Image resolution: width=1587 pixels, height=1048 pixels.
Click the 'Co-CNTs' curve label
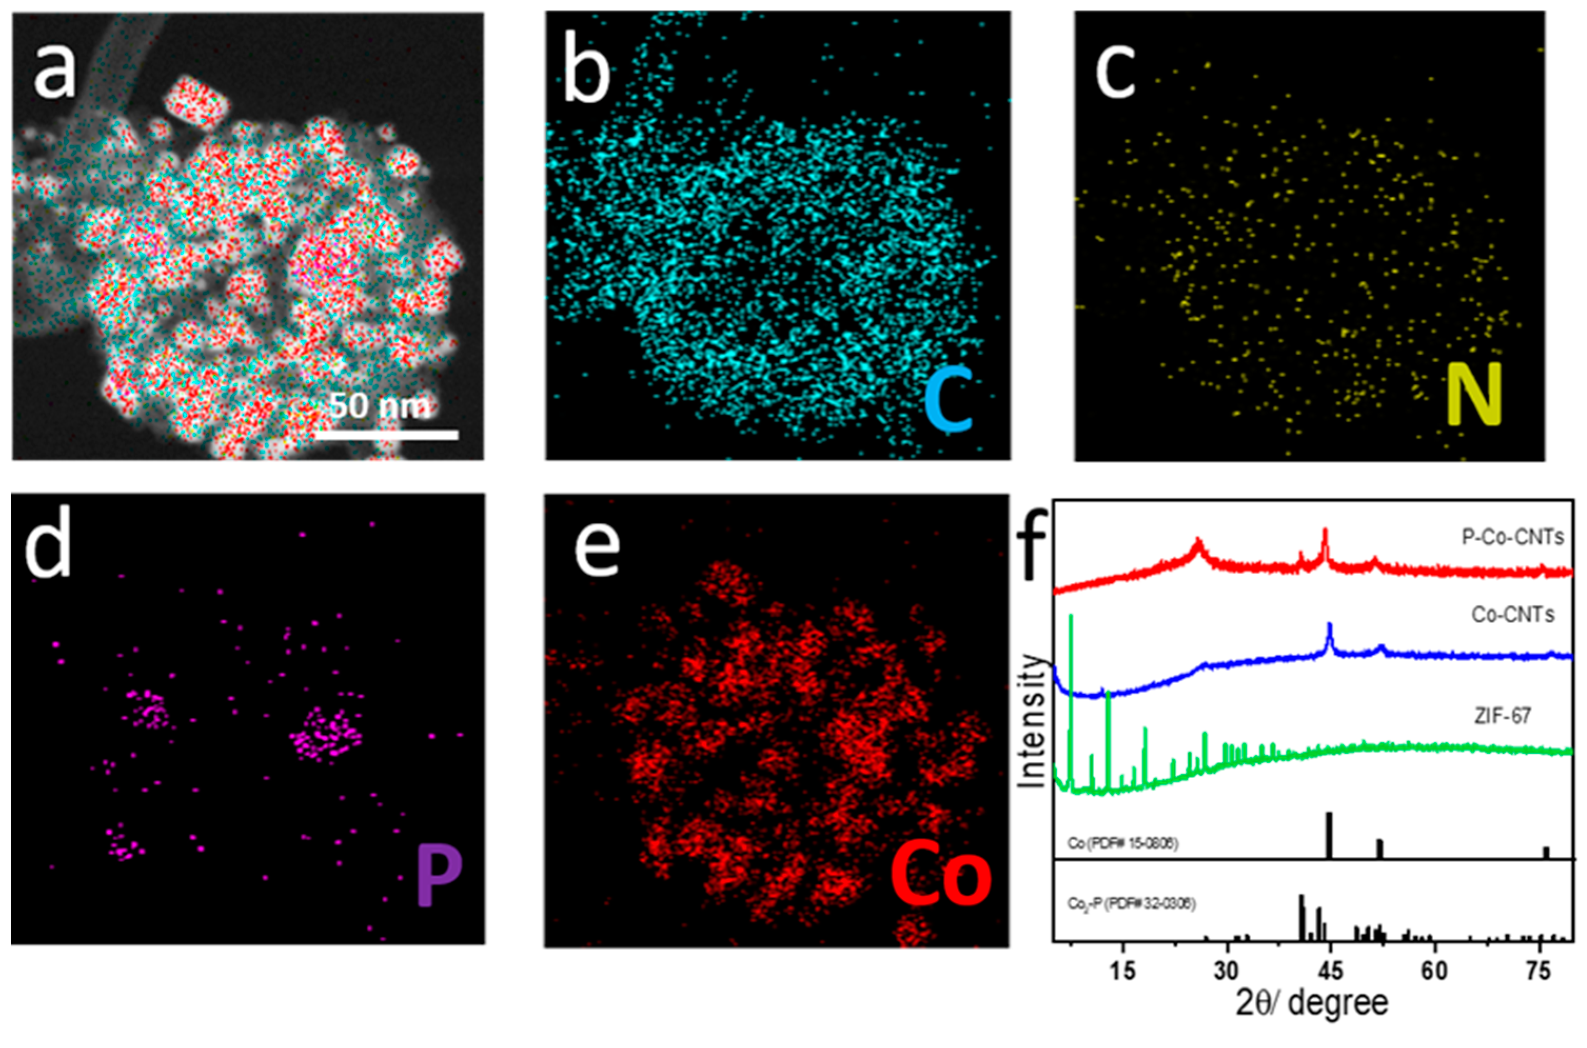pos(1513,614)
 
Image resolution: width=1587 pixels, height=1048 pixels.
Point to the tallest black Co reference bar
pos(1329,835)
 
